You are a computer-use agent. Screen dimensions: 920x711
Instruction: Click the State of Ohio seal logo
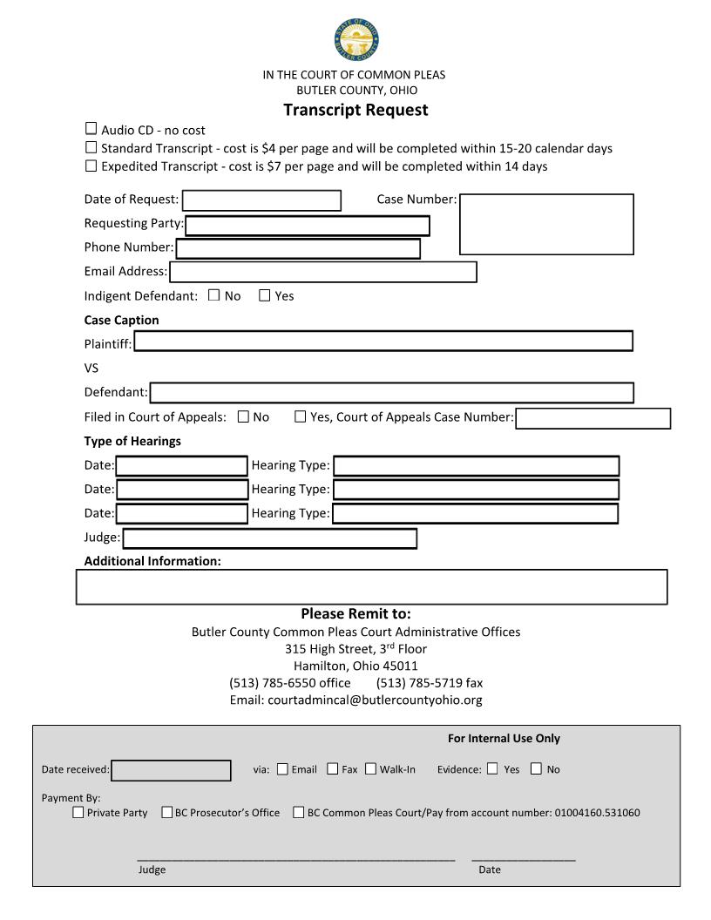355,40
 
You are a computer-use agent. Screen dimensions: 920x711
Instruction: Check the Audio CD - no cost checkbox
91,129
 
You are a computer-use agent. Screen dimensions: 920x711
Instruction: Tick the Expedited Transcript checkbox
91,166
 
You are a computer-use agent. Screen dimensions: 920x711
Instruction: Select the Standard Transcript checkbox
91,147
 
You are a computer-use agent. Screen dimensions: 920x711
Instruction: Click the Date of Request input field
261,200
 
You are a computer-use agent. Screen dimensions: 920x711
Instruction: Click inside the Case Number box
546,224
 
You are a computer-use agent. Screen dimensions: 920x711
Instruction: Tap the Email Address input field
323,272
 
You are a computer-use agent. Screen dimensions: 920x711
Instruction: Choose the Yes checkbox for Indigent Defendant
265,295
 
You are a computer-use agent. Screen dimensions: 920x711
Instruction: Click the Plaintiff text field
383,342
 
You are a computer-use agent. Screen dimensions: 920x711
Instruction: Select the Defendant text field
391,393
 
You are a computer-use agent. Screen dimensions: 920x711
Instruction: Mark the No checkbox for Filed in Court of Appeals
243,416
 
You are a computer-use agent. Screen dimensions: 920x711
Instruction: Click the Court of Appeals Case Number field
592,418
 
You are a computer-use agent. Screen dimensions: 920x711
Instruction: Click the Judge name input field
269,538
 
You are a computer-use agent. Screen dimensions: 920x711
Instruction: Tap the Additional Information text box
371,586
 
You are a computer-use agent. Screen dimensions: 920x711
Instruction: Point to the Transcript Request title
355,110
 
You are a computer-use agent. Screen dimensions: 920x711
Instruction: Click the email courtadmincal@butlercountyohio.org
375,700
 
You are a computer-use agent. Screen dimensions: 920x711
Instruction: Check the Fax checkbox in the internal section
332,768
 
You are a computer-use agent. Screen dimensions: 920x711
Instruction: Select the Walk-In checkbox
370,768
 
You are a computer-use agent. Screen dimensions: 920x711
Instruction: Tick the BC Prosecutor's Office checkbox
167,812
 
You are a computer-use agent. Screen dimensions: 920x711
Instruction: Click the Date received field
172,770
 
